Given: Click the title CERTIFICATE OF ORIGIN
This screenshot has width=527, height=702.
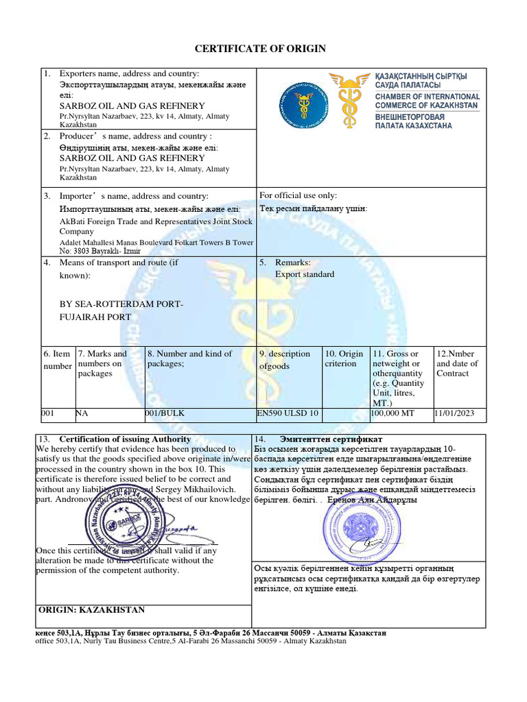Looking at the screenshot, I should point(260,49).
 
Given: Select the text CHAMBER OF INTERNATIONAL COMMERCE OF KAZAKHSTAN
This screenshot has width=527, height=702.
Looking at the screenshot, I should point(427,101).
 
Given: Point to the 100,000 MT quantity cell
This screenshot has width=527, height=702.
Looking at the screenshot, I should point(393,414).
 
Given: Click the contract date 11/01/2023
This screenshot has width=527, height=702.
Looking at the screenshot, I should point(455,414).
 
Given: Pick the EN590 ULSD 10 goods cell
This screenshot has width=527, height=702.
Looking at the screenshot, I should point(288,414).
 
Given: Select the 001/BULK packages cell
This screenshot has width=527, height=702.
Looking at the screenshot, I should point(165,414).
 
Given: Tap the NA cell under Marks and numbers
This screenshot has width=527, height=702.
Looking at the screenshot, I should point(82,414).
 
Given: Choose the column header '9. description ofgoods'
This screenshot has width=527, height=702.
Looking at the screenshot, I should point(284,360).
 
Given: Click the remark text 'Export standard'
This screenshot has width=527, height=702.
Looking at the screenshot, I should point(305,274).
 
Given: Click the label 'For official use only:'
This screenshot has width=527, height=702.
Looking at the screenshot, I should point(298,195).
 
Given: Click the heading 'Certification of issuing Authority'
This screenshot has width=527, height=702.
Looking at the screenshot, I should point(125,439).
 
